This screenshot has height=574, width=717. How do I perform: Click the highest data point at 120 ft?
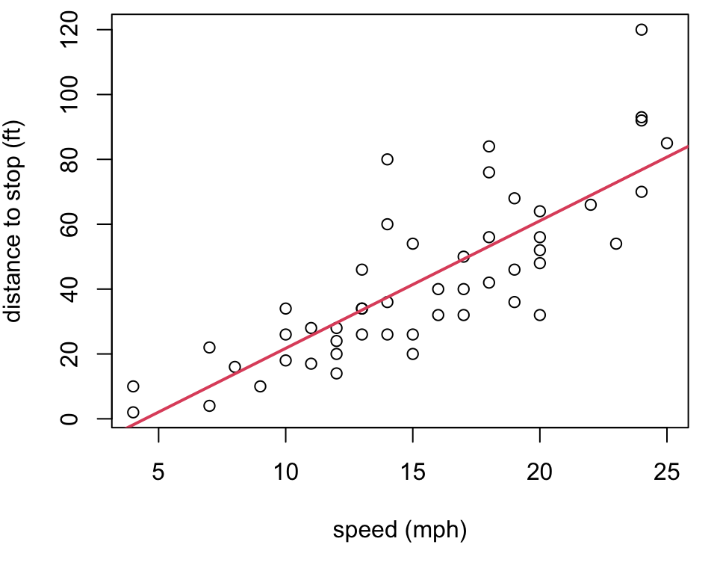click(641, 30)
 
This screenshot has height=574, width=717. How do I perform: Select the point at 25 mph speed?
click(667, 143)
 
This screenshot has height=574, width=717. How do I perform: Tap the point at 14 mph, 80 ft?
click(387, 159)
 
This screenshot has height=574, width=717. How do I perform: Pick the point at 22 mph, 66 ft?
click(591, 205)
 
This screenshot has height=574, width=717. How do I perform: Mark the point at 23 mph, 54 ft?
click(616, 244)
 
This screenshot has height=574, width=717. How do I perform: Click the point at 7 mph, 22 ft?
click(209, 348)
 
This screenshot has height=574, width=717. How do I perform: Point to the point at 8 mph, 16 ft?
click(235, 367)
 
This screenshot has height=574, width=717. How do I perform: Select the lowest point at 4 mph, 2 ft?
click(133, 413)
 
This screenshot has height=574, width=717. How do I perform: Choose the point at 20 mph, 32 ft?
click(540, 315)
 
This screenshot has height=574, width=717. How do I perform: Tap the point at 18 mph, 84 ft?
click(488, 146)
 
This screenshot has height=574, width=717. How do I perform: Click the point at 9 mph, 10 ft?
click(260, 386)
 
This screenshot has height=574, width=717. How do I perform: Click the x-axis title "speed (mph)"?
click(400, 531)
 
